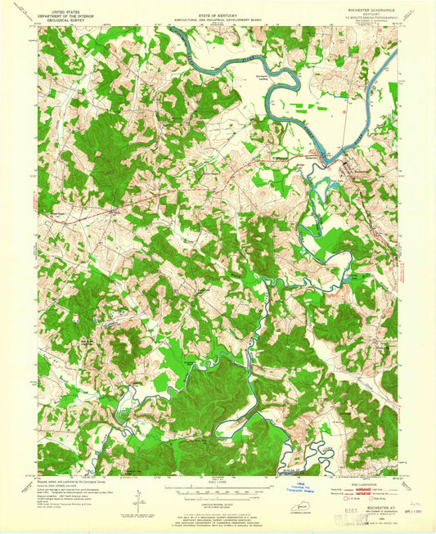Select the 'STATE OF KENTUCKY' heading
[218, 11]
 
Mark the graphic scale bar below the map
[218, 488]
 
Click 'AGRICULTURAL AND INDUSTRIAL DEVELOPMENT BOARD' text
[218, 16]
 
